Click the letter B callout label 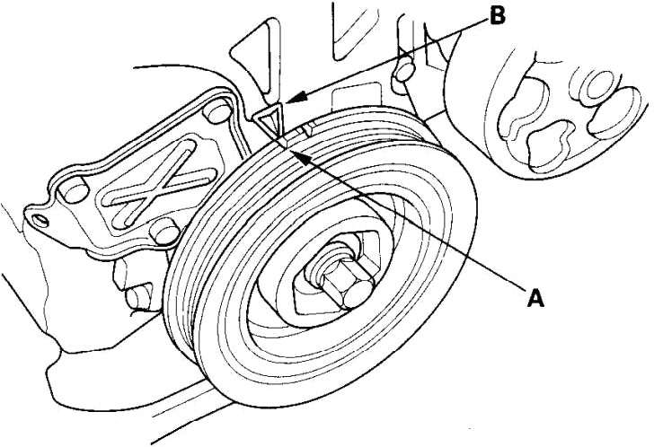[x=497, y=16]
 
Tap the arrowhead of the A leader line [x=302, y=158]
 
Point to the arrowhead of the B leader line [x=296, y=98]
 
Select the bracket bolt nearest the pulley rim [x=165, y=232]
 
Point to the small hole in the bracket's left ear [x=41, y=220]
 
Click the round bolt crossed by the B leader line [x=403, y=70]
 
